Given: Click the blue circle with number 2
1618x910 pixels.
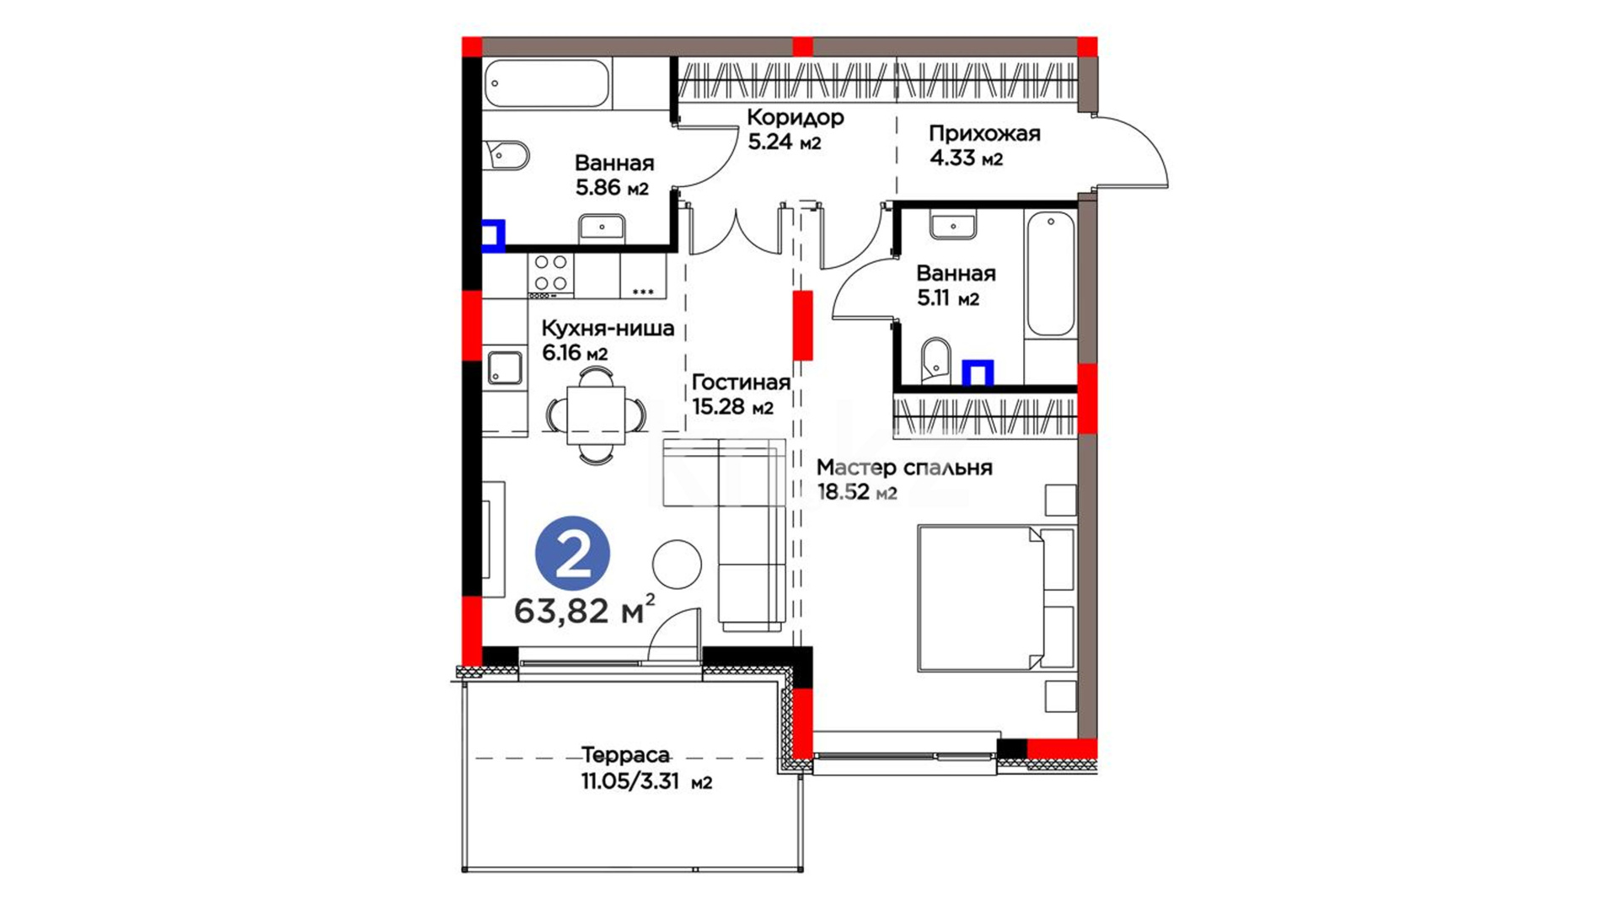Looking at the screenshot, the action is (573, 553).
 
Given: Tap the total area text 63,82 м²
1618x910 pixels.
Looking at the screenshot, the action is (585, 609).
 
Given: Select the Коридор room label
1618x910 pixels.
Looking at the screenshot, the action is (795, 117).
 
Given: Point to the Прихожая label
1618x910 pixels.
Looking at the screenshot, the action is (984, 133).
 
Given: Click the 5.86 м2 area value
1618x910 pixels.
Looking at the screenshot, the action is (612, 187).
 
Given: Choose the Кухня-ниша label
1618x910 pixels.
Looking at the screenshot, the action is (608, 328).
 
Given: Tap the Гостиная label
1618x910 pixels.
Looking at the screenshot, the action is (741, 383).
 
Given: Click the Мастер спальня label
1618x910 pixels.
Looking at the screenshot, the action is (904, 468).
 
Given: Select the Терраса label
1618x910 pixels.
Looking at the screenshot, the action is (625, 756).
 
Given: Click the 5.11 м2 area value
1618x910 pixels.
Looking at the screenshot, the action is (948, 298).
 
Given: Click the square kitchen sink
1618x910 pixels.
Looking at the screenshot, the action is (506, 367).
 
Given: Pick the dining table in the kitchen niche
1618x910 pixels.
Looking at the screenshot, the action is (596, 415).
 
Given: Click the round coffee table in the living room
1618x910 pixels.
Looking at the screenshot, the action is (677, 564).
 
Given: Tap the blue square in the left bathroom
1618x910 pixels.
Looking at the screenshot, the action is (494, 235).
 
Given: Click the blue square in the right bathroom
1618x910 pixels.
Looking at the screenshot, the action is (978, 372).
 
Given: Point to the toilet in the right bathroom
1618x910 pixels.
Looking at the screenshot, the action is (935, 360).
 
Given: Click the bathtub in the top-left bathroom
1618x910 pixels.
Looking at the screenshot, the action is (547, 83).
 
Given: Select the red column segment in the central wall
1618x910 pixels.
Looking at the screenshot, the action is (803, 325).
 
